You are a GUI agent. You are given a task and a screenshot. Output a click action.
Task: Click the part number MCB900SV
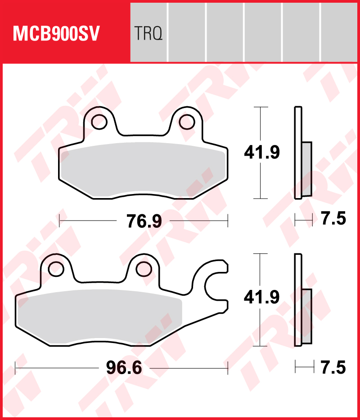coord(56,34)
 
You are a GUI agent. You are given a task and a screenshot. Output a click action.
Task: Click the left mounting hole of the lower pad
coord(56,269)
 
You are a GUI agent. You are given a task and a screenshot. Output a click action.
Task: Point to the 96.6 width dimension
coord(124,368)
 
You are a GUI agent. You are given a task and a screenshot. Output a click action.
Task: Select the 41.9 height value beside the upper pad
coord(262,152)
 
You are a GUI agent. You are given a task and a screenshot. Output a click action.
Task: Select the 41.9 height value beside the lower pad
coord(262,297)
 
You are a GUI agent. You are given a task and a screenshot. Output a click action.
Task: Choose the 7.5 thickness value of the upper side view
coord(334,220)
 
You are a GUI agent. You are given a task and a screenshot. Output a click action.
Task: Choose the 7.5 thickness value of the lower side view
coord(334,367)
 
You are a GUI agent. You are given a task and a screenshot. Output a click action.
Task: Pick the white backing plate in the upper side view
coord(297,153)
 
